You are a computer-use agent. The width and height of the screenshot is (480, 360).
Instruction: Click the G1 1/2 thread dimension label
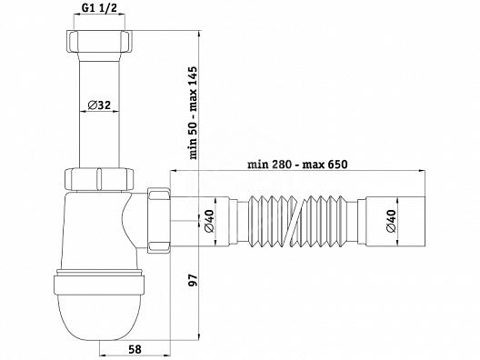tap(99, 8)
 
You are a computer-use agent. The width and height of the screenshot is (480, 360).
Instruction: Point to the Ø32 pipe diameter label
tap(99, 105)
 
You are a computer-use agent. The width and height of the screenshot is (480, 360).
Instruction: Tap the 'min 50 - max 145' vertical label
tap(194, 113)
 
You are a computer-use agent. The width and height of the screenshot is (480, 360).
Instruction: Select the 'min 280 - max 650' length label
tap(297, 165)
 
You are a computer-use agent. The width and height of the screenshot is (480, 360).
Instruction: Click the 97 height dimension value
tap(194, 280)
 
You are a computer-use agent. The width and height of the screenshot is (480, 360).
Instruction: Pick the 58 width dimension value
tap(135, 349)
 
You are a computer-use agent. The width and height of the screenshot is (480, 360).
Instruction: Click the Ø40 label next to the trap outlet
tap(209, 221)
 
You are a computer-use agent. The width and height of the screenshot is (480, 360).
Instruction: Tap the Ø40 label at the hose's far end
tap(391, 221)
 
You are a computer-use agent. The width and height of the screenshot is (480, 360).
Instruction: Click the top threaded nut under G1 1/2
tap(99, 42)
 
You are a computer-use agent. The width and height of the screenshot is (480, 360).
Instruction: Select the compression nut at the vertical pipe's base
tap(99, 179)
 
